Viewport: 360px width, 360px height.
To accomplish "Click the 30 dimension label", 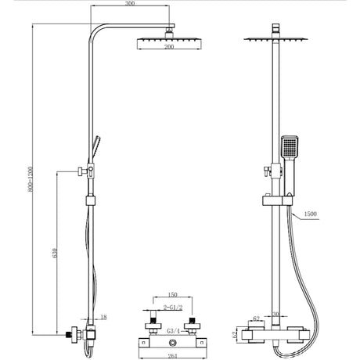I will (276, 316).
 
